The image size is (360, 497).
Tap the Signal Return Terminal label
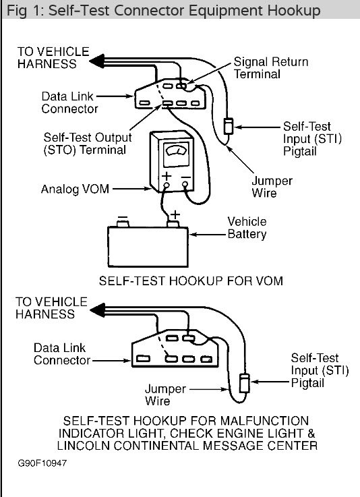pyautogui.click(x=271, y=68)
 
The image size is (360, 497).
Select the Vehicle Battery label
pyautogui.click(x=247, y=228)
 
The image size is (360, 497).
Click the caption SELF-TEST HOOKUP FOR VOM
pyautogui.click(x=181, y=279)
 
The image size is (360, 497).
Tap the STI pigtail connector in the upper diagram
pyautogui.click(x=229, y=126)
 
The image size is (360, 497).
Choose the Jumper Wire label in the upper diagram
pyautogui.click(x=272, y=187)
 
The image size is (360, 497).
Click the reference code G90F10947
pyautogui.click(x=42, y=464)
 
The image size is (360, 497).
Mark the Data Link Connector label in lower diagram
pyautogui.click(x=64, y=354)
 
